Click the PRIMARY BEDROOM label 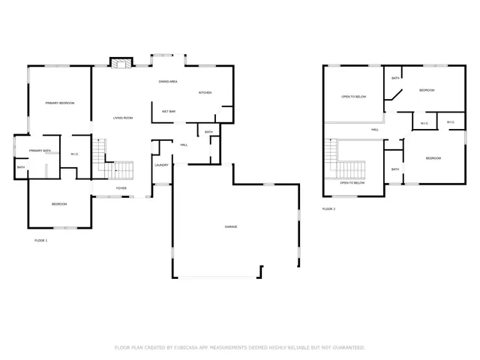(59, 103)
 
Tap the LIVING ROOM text (123, 118)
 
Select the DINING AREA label (167, 81)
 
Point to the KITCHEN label (205, 92)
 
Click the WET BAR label (169, 112)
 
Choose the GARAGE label (231, 226)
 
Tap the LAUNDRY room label (161, 165)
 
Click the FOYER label (121, 187)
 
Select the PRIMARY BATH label (40, 151)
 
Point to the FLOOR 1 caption (40, 240)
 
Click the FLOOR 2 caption (328, 208)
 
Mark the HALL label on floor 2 (374, 130)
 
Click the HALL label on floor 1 (184, 145)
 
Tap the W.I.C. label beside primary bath (74, 154)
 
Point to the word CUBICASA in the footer (191, 348)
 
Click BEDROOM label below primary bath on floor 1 (59, 204)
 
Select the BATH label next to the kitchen (208, 132)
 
